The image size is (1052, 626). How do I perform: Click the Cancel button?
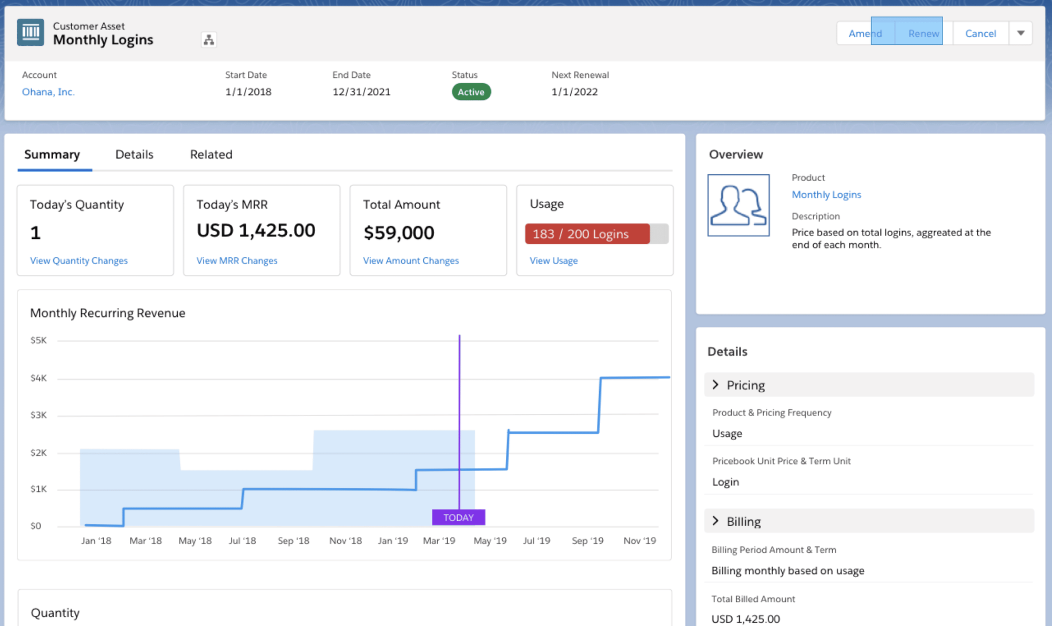pyautogui.click(x=980, y=33)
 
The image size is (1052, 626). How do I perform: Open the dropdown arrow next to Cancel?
pyautogui.click(x=1020, y=33)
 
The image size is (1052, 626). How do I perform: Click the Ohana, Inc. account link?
pyautogui.click(x=48, y=92)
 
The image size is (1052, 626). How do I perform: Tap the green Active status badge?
pyautogui.click(x=471, y=92)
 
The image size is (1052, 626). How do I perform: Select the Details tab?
pyautogui.click(x=134, y=154)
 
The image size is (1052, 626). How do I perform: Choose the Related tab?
pyautogui.click(x=211, y=154)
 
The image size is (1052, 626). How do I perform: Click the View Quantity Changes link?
pyautogui.click(x=79, y=261)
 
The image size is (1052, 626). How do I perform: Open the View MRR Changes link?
pyautogui.click(x=237, y=261)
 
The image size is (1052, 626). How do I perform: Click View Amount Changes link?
pyautogui.click(x=411, y=261)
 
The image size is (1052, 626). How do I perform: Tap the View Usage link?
pyautogui.click(x=553, y=261)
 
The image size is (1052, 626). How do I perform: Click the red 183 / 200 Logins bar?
pyautogui.click(x=587, y=234)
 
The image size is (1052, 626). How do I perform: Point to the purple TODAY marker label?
pyautogui.click(x=458, y=518)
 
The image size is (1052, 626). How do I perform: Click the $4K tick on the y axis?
pyautogui.click(x=38, y=378)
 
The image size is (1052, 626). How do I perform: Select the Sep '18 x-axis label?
pyautogui.click(x=294, y=541)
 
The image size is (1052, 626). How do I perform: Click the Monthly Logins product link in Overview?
pyautogui.click(x=826, y=195)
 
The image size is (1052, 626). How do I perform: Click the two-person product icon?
pyautogui.click(x=738, y=205)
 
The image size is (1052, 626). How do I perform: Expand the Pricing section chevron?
pyautogui.click(x=715, y=385)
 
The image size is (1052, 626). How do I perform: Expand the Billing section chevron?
pyautogui.click(x=715, y=521)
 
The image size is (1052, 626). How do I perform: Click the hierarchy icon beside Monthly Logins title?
pyautogui.click(x=209, y=40)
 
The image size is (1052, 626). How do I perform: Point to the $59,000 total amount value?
pyautogui.click(x=399, y=233)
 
